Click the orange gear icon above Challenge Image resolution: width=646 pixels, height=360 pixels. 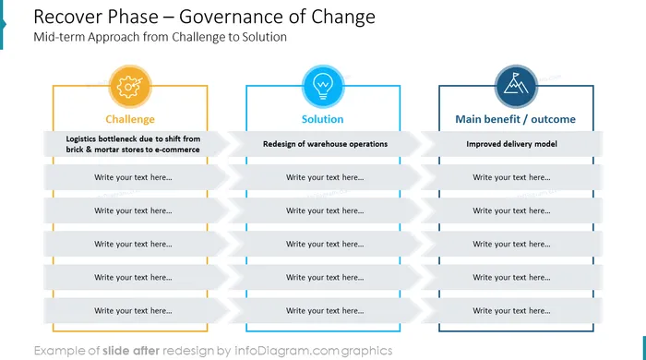click(x=130, y=87)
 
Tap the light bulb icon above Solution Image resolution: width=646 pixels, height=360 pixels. click(x=323, y=86)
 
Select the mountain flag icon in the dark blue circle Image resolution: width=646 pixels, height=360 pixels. click(x=515, y=84)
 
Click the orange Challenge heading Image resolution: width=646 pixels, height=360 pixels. click(x=130, y=119)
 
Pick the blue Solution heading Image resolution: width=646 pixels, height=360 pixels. click(x=323, y=119)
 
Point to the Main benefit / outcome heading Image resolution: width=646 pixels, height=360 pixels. click(x=515, y=119)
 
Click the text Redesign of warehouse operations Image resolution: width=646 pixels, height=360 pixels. click(x=326, y=144)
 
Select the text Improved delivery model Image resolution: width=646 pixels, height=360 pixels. click(x=511, y=144)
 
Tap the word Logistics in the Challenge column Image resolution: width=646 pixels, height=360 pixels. click(x=81, y=139)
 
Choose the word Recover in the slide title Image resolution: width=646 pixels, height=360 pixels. click(x=66, y=17)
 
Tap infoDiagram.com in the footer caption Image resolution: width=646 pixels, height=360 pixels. click(x=286, y=351)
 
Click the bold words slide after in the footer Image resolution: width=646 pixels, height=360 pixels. click(x=131, y=351)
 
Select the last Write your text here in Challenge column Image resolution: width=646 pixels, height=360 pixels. click(x=133, y=311)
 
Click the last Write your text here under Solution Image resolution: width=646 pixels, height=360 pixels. click(x=325, y=311)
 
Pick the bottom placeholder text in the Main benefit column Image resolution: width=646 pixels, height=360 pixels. click(x=511, y=311)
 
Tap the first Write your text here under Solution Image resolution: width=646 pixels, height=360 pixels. click(x=325, y=177)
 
